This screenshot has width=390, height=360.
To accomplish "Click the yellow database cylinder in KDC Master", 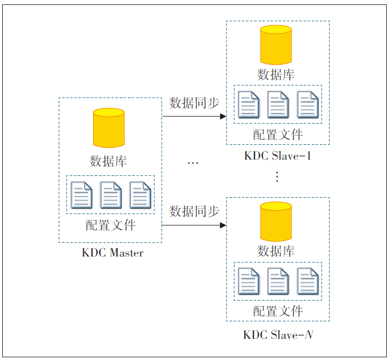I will pyautogui.click(x=109, y=127).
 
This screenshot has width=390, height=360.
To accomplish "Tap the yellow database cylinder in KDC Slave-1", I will pyautogui.click(x=276, y=45).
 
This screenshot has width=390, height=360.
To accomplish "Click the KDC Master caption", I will pyautogui.click(x=113, y=253).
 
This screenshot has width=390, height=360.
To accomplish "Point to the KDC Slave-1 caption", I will pyautogui.click(x=277, y=156).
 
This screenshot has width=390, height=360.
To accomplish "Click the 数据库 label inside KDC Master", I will pyautogui.click(x=108, y=161).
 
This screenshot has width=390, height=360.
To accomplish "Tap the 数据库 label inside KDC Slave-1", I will pyautogui.click(x=276, y=75).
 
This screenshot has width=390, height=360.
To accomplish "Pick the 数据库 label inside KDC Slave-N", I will pyautogui.click(x=276, y=251).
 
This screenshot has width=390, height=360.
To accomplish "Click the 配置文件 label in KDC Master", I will pyautogui.click(x=110, y=225).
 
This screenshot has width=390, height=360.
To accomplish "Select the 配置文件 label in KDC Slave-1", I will pyautogui.click(x=277, y=135).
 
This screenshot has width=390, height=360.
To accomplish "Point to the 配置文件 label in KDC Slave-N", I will pyautogui.click(x=277, y=312).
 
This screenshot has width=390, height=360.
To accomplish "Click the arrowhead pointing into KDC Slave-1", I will pyautogui.click(x=223, y=116).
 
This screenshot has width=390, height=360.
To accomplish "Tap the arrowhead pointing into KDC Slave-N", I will pyautogui.click(x=223, y=224).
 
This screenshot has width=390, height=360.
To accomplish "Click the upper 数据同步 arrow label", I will pyautogui.click(x=194, y=103).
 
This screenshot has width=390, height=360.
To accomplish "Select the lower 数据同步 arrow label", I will pyautogui.click(x=194, y=211).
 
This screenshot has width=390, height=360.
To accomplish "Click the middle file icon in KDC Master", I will pyautogui.click(x=111, y=194).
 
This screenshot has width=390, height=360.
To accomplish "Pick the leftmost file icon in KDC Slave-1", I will pyautogui.click(x=249, y=104).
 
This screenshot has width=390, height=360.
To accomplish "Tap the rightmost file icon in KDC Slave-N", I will pyautogui.click(x=307, y=281).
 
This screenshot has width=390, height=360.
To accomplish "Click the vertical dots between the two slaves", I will pyautogui.click(x=277, y=176).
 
